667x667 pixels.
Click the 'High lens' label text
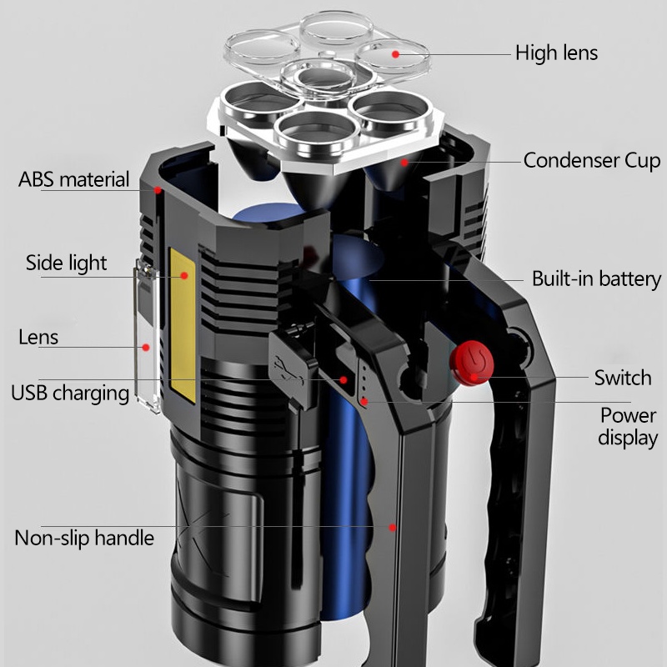(556, 53)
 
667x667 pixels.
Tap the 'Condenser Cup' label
(591, 161)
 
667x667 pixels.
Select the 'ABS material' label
(74, 179)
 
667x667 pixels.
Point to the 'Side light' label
(66, 263)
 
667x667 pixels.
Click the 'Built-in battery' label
(596, 279)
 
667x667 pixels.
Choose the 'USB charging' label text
(70, 393)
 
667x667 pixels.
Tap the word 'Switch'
(622, 378)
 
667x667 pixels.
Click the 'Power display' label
(629, 426)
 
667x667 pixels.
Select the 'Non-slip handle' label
(84, 538)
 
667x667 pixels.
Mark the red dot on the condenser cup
(405, 162)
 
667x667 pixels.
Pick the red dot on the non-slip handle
(393, 526)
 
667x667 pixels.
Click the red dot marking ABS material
(157, 190)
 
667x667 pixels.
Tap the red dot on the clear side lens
(145, 347)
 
